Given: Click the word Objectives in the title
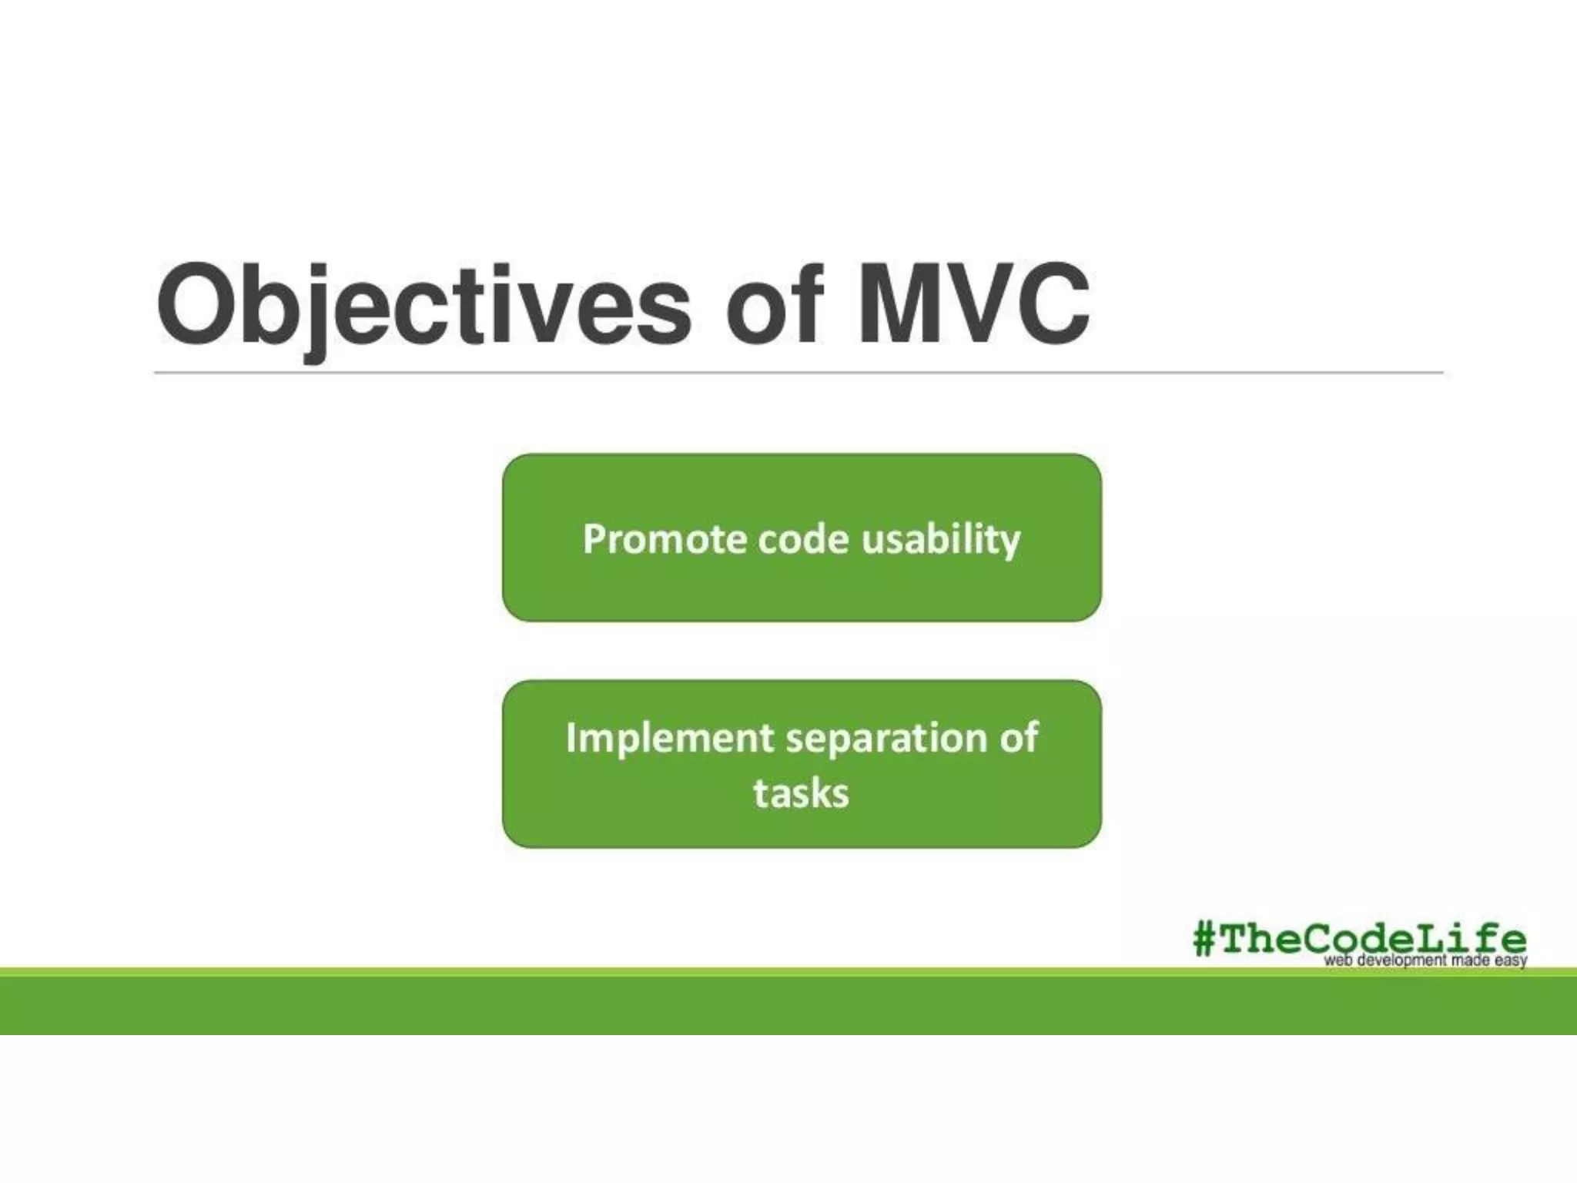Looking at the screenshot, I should [x=424, y=306].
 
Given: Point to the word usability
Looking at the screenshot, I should [x=941, y=539].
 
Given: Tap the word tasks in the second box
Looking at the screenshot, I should [x=801, y=794].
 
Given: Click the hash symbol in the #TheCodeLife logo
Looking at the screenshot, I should [x=1204, y=940].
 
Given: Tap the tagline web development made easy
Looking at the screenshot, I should [x=1425, y=961].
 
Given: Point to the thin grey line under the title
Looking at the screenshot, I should [x=798, y=373].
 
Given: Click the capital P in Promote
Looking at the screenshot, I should [x=594, y=539].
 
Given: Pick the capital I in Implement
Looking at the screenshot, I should [x=571, y=738].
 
